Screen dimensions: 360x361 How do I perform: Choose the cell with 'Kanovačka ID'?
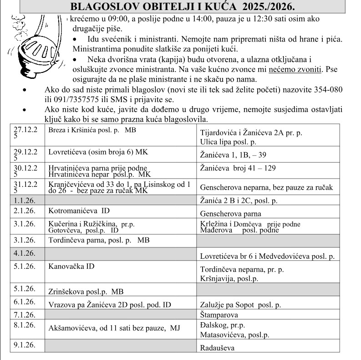(71, 266)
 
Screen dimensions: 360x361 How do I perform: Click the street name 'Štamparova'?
(219, 314)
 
